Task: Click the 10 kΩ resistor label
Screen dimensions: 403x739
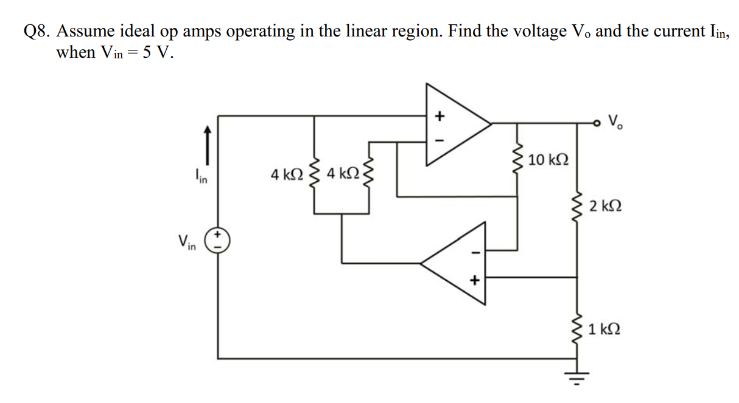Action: tap(548, 160)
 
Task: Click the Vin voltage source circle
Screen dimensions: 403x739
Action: tap(217, 241)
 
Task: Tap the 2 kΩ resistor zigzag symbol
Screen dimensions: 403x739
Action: tap(576, 207)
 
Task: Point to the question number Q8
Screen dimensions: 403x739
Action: tap(36, 32)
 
